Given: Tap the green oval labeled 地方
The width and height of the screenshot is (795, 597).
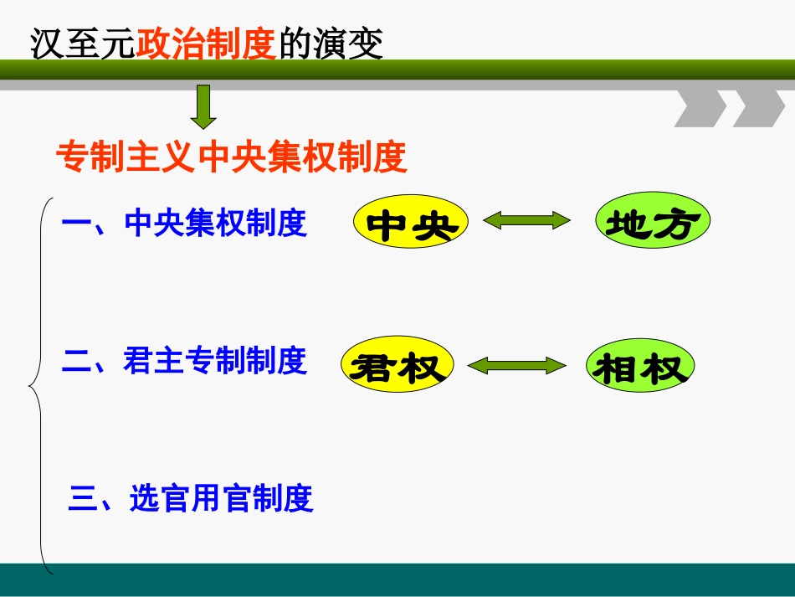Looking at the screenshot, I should pyautogui.click(x=653, y=223).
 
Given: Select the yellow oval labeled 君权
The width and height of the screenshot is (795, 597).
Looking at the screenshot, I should pyautogui.click(x=397, y=367).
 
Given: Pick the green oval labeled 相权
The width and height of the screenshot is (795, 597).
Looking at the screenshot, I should pyautogui.click(x=641, y=367).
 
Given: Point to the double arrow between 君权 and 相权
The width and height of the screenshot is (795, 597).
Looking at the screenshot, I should pyautogui.click(x=516, y=366).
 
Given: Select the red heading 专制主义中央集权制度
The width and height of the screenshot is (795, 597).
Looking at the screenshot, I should pyautogui.click(x=231, y=157).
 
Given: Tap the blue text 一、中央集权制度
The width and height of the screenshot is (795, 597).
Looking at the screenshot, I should pyautogui.click(x=185, y=224).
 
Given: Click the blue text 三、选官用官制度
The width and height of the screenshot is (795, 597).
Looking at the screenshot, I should pyautogui.click(x=191, y=499).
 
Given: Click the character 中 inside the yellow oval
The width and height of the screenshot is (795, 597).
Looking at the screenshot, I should pyautogui.click(x=387, y=225).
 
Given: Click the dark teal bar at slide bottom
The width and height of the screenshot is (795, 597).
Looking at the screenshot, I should pyautogui.click(x=397, y=579).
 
